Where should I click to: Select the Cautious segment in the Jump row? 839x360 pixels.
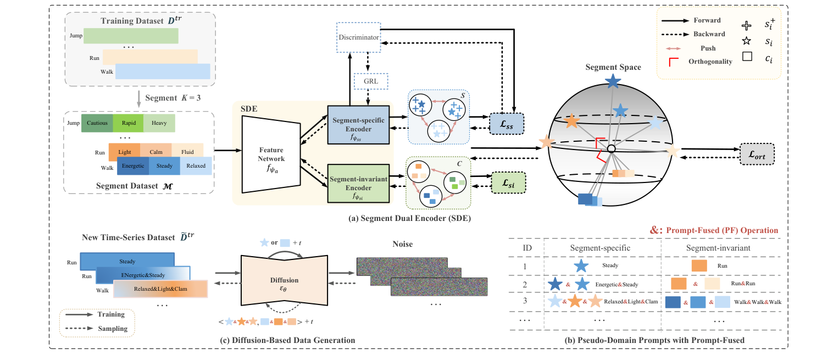[97, 123]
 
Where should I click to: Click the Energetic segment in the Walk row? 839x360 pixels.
[133, 166]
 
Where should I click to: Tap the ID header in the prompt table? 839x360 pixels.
[527, 248]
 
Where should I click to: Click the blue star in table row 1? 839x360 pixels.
[584, 266]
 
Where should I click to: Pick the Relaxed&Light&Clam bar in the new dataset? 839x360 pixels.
[160, 289]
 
